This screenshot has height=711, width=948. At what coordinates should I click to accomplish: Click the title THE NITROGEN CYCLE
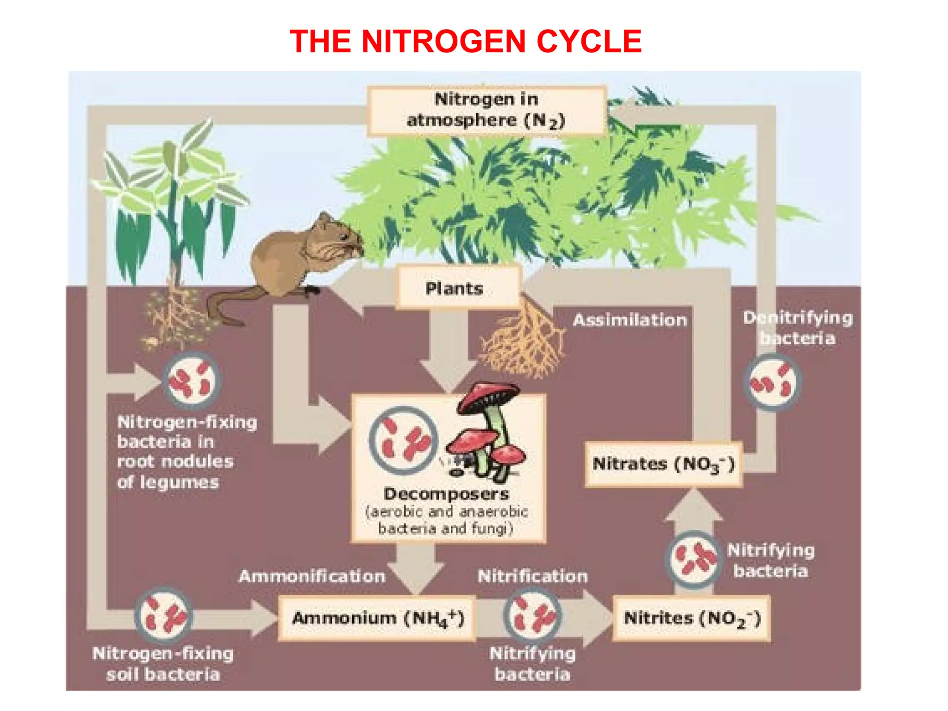[465, 41]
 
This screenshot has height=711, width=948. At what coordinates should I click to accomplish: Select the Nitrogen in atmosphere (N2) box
[486, 110]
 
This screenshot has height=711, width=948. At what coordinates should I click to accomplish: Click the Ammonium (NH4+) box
[377, 618]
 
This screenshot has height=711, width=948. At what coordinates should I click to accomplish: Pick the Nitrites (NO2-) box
[692, 618]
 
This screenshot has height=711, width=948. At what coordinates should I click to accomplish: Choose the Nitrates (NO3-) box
[663, 464]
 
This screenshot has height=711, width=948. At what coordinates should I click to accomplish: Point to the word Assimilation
[630, 320]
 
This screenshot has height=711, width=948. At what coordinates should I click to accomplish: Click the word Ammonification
[312, 576]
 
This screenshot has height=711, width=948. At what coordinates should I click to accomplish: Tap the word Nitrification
[532, 576]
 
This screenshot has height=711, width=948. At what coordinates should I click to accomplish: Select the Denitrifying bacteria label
[798, 328]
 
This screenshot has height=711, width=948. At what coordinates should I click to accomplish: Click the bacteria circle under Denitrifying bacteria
[772, 382]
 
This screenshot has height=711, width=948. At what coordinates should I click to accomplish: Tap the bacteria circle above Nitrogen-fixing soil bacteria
[163, 616]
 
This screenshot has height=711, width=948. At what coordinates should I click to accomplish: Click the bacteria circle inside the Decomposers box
[403, 440]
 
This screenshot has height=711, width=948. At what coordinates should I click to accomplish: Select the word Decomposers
[446, 494]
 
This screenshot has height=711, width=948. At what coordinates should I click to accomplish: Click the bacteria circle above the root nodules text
[191, 380]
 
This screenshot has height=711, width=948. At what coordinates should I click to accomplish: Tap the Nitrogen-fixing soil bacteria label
[163, 664]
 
